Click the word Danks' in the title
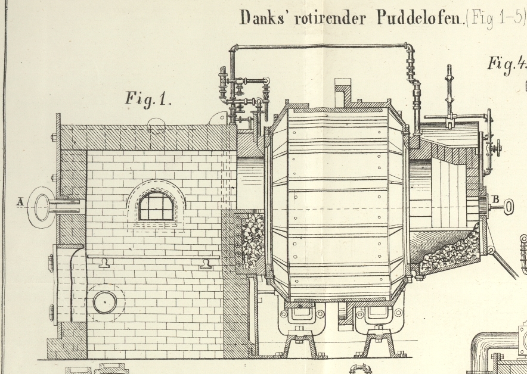coord(259,17)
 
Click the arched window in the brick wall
coord(156,206)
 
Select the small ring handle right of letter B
coord(508,207)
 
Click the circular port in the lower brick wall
coord(105,302)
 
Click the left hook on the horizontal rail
coord(105,263)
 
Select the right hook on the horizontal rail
coord(206,263)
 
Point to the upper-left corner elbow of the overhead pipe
coord(232,48)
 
